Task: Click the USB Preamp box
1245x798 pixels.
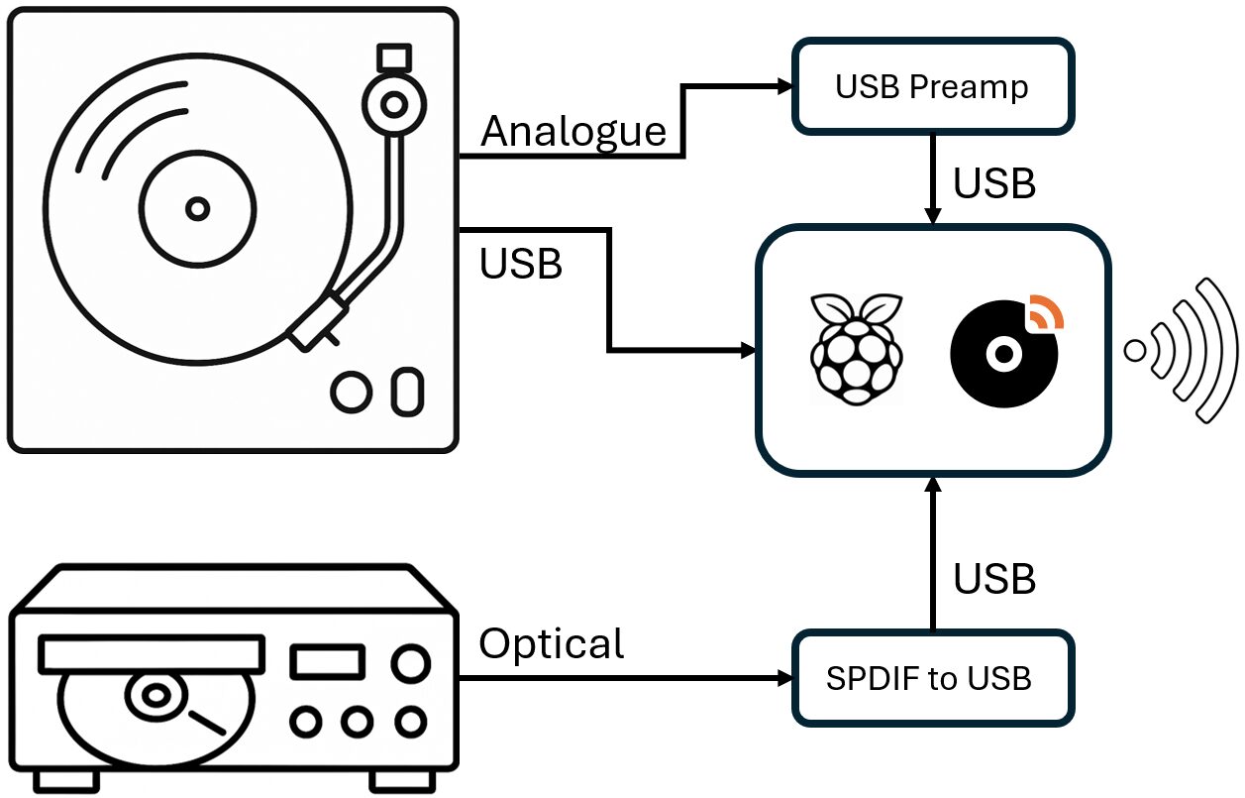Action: (x=932, y=87)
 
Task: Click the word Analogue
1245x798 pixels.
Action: (x=573, y=131)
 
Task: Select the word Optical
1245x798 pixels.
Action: (x=552, y=643)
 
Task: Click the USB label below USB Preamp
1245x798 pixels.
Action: (x=993, y=183)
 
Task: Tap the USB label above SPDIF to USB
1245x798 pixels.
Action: (x=993, y=579)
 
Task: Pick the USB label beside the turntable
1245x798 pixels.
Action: (x=521, y=264)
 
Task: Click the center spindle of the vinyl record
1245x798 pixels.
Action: (x=198, y=208)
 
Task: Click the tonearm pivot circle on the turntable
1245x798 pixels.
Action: (x=393, y=103)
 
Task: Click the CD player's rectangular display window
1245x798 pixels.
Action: (x=327, y=661)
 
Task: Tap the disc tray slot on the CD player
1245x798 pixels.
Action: (x=151, y=654)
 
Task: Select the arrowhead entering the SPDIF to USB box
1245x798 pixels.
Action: (x=785, y=679)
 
